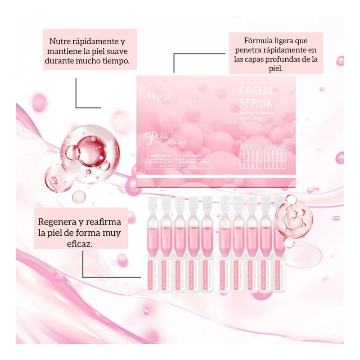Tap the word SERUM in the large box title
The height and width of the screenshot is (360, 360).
click(x=258, y=103)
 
